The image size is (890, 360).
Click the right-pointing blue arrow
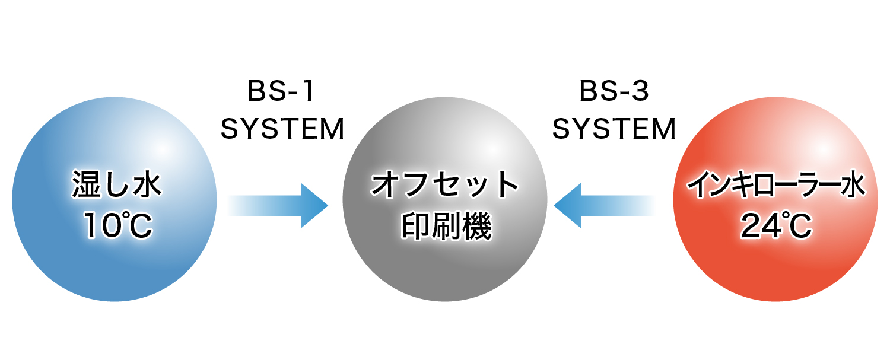tap(279, 205)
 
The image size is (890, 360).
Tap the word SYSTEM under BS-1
tap(282, 129)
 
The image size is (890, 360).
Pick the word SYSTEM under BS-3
tap(614, 129)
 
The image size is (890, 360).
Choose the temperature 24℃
tap(776, 226)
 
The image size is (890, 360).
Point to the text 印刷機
tap(446, 226)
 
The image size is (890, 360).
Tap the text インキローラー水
tap(775, 186)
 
